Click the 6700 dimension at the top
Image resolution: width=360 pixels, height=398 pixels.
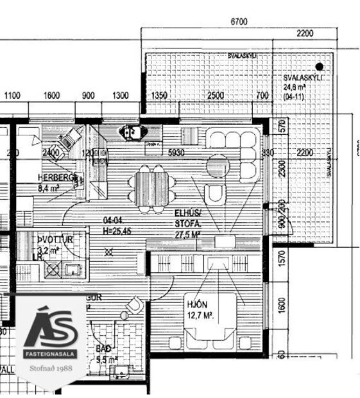pyautogui.click(x=239, y=22)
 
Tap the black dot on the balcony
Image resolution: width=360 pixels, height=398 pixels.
pyautogui.click(x=319, y=66)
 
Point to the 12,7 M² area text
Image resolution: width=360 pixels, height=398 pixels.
pyautogui.click(x=200, y=315)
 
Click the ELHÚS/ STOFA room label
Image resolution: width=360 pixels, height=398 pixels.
pyautogui.click(x=187, y=218)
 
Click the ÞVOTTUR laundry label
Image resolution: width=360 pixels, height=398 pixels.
pyautogui.click(x=54, y=239)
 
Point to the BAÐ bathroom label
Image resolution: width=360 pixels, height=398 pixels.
pyautogui.click(x=103, y=349)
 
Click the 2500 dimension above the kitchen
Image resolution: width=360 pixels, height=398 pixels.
pyautogui.click(x=216, y=96)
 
